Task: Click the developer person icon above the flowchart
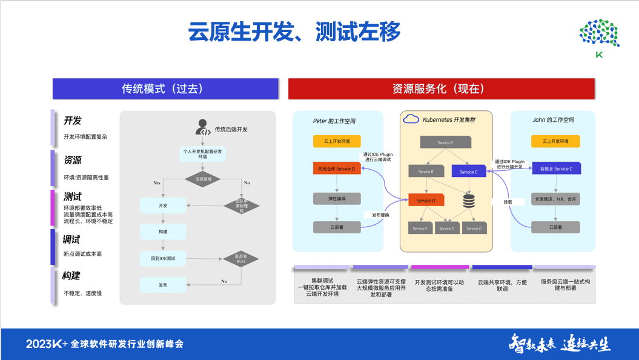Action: coord(203,127)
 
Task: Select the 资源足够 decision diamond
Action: coord(203,179)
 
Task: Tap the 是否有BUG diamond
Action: coord(241,259)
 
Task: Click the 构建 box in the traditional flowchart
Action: coord(163,232)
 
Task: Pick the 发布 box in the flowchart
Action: coord(163,285)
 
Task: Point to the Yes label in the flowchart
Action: coord(157,182)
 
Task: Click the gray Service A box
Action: coord(445,142)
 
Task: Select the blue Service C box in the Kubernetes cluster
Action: coord(468,172)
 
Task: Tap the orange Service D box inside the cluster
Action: coord(426,200)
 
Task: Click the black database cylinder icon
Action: coord(469,201)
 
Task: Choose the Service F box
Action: coord(420,228)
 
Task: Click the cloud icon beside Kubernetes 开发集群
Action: coord(411,119)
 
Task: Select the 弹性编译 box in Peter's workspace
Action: coord(337,199)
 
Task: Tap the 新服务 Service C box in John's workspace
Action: coord(555,168)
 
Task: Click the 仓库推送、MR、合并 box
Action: coord(555,199)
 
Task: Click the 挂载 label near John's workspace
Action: coord(508,201)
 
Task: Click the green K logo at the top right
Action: coord(599,39)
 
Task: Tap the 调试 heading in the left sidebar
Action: coord(71,239)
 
